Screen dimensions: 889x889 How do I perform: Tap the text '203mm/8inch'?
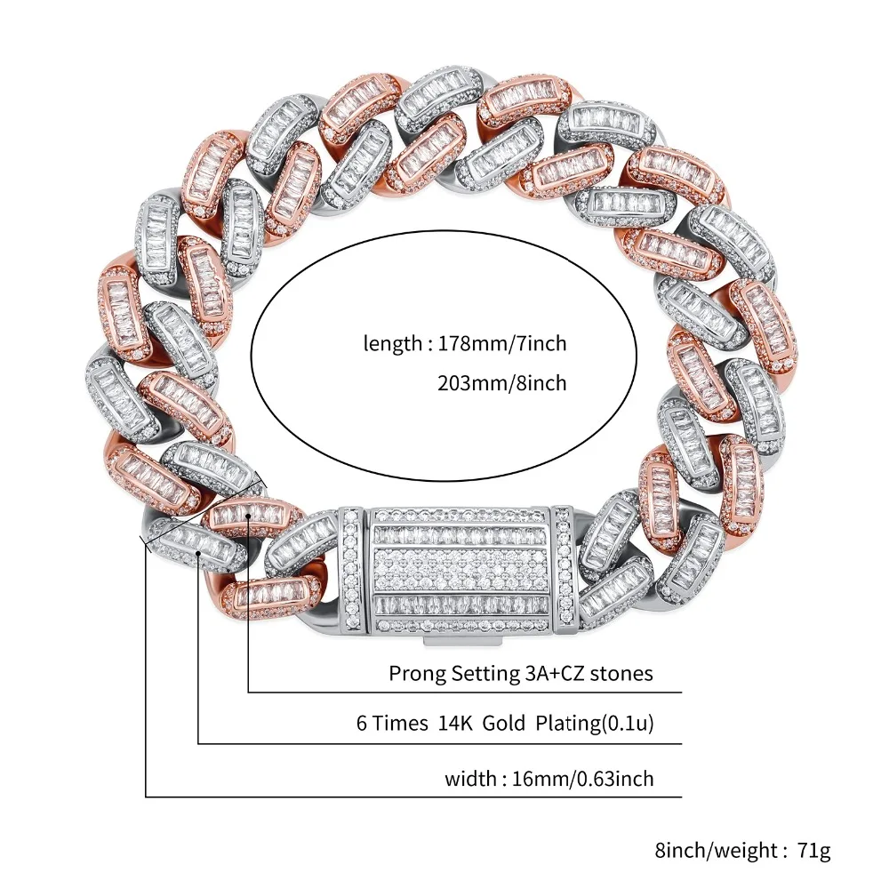point(502,384)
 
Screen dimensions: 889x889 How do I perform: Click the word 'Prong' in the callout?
point(415,673)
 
